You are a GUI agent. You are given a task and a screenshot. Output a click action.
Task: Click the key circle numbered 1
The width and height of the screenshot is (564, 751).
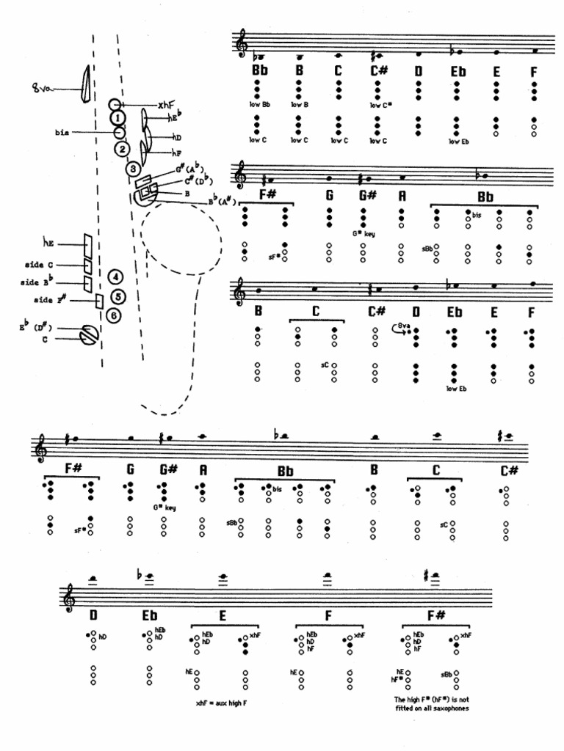(117, 117)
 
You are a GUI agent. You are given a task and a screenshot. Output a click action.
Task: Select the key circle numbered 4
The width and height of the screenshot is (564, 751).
(115, 277)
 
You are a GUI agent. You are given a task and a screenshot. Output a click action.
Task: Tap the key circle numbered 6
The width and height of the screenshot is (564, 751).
(114, 315)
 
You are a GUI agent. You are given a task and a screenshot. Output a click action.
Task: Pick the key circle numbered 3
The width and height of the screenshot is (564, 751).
(133, 169)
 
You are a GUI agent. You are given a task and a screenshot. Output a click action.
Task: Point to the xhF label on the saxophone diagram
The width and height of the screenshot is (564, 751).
(167, 105)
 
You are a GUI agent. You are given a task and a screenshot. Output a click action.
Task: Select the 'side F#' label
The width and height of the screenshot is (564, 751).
(51, 300)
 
